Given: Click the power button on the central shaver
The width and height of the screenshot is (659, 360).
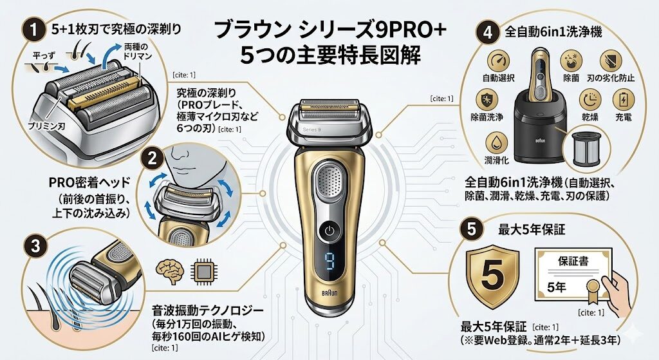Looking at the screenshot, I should coord(329,231).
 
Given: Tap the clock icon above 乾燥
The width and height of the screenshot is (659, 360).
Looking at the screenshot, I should coord(589,99).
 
